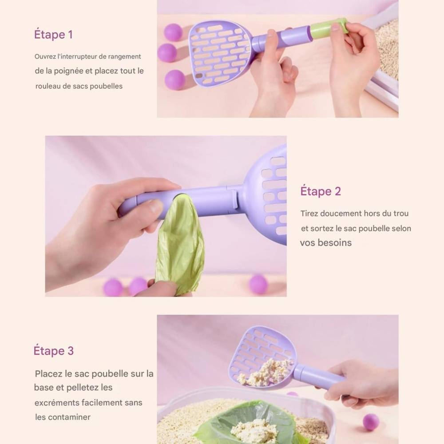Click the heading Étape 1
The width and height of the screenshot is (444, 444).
(x=53, y=35)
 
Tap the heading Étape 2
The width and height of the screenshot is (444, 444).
(x=321, y=191)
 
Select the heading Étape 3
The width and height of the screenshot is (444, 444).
(x=54, y=351)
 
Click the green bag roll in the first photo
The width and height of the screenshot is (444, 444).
(x=329, y=27)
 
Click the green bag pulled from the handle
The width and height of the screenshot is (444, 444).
(x=180, y=243)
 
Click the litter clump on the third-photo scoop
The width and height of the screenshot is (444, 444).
(x=265, y=372)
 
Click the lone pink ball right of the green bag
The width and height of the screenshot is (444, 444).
(x=258, y=284)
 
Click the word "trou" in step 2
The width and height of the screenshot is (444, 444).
(x=401, y=213)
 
